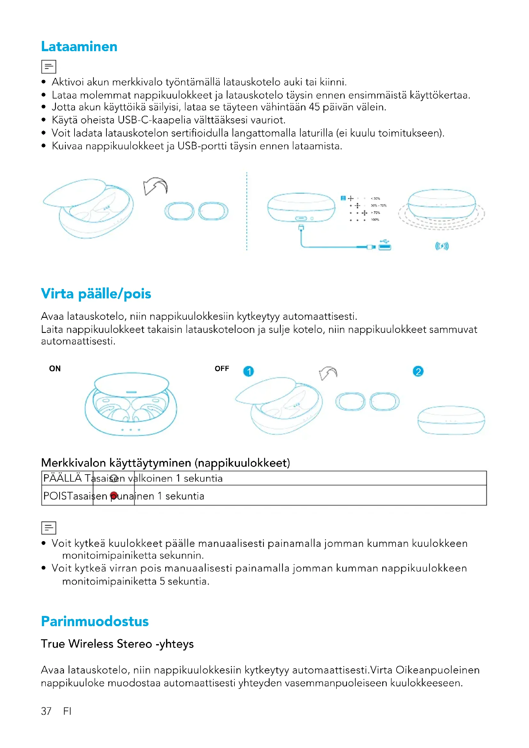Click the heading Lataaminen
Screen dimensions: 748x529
coord(79,47)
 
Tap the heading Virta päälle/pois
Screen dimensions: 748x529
coord(96,294)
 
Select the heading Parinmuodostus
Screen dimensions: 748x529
coord(95,621)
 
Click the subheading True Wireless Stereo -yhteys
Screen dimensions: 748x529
coord(117,644)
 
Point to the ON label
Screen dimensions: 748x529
coord(55,368)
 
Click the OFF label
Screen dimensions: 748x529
coord(222,368)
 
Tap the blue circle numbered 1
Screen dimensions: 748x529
coord(249,371)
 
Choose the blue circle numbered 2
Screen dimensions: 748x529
coord(418,371)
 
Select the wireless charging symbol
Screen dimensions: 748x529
coord(442,246)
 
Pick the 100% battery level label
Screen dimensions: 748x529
coord(375,220)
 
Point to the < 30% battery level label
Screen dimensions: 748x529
coord(375,198)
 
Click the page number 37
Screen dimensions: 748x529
coord(46,711)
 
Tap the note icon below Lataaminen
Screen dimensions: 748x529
coord(49,67)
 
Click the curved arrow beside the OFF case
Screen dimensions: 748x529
coord(328,373)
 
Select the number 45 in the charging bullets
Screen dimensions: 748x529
coord(314,107)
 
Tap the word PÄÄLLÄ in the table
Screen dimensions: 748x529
coord(63,478)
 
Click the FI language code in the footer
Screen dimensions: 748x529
coord(67,711)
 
